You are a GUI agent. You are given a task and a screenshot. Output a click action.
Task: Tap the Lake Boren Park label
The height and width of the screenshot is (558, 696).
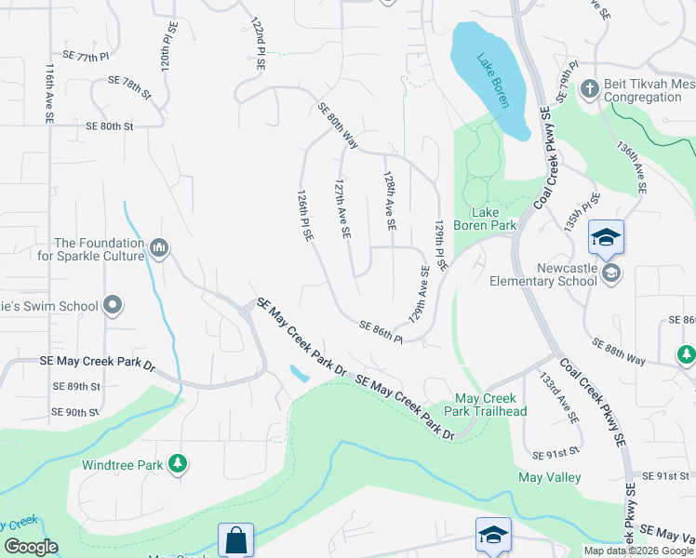(x=485, y=219)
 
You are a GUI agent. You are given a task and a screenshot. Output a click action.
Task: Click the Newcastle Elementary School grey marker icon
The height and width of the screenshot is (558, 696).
(x=611, y=272)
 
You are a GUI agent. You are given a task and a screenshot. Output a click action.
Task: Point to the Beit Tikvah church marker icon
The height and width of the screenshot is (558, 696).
(x=588, y=89)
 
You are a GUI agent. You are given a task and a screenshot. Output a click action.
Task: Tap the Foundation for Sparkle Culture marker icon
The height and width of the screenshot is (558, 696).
(x=158, y=248)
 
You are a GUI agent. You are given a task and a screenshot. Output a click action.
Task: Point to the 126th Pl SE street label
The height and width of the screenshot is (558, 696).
(x=303, y=218)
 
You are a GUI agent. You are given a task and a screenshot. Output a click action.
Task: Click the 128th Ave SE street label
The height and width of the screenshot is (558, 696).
(x=390, y=199)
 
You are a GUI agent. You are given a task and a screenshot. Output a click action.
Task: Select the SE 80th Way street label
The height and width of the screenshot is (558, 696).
(x=337, y=125)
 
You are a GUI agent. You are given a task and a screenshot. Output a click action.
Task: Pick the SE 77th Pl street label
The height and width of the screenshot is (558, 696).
(x=87, y=57)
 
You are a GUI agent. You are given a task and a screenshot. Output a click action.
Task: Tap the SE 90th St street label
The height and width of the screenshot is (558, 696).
(x=75, y=411)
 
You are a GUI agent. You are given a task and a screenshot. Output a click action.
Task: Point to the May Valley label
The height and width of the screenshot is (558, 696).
(x=550, y=477)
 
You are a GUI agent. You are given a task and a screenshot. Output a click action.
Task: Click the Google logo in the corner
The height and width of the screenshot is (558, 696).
(x=31, y=547)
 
